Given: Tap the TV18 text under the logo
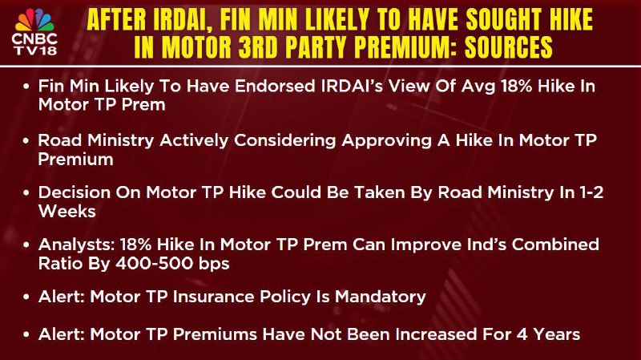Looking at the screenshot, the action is coord(35,51).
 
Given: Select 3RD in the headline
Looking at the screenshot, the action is coord(259,47).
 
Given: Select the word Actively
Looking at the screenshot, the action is coord(194,141).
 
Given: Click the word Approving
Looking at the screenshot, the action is coord(387,141).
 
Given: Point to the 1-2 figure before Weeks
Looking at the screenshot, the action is coord(591,192).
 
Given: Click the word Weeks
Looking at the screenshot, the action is coord(67,212).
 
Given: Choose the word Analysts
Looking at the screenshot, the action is coord(76,245).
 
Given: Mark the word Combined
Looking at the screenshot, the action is coord(555,245).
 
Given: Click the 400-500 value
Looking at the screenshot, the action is coord(154,264).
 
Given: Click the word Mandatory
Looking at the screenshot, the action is coord(380,297).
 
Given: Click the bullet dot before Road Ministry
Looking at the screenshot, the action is coord(26,141).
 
